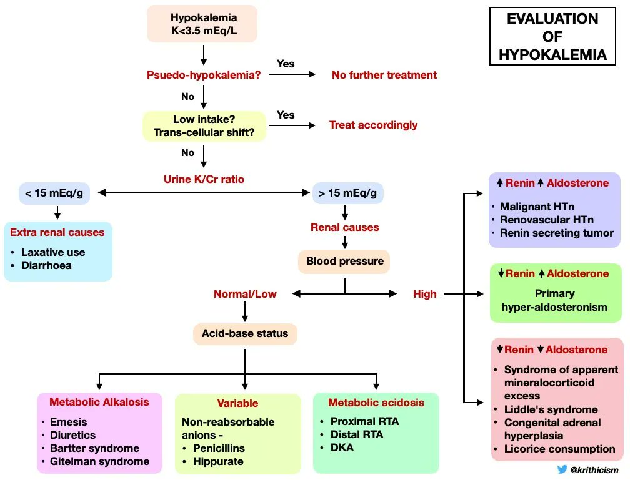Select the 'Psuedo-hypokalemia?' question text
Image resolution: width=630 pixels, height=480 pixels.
[x=203, y=75]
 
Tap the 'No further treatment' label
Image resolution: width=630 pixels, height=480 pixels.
[x=384, y=75]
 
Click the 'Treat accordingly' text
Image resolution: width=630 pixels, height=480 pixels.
[x=373, y=125]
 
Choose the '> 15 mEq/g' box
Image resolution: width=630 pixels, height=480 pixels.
[x=347, y=193]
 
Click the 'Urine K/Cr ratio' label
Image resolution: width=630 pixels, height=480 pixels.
[x=204, y=179]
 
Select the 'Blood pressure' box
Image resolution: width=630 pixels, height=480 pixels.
[x=344, y=261]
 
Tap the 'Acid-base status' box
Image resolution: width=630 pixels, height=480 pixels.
[x=244, y=333]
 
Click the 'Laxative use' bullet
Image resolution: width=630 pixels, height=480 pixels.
[x=53, y=252]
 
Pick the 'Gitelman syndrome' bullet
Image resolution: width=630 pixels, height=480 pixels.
[x=99, y=461]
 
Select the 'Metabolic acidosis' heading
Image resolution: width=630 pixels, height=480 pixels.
[x=376, y=403]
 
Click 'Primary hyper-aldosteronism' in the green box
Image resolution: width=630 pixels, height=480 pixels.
[x=554, y=300]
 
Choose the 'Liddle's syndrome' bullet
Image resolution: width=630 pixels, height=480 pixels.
[x=551, y=409]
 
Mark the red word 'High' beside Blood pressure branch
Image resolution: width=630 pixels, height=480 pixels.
[x=424, y=294]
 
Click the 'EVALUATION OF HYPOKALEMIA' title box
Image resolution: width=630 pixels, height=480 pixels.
[x=552, y=36]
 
